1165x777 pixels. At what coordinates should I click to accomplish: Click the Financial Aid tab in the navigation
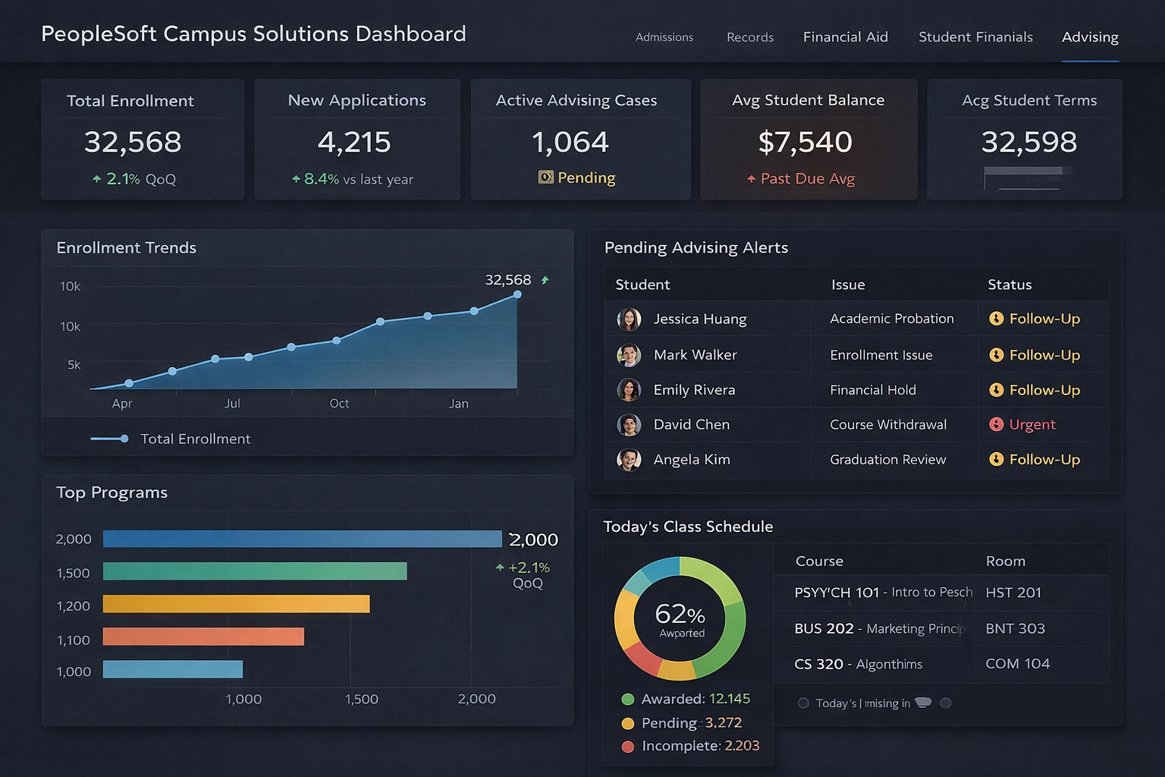pyautogui.click(x=845, y=36)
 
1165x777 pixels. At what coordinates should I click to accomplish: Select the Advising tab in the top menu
pyautogui.click(x=1090, y=36)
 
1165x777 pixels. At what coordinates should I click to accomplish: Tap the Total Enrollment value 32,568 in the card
pyautogui.click(x=133, y=142)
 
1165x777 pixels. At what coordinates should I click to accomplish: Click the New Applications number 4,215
pyautogui.click(x=354, y=142)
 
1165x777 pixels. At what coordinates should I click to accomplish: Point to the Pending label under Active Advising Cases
pyautogui.click(x=586, y=178)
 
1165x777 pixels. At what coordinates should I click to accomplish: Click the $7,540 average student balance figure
pyautogui.click(x=805, y=142)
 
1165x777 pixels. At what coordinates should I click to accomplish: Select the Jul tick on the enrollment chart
pyautogui.click(x=232, y=403)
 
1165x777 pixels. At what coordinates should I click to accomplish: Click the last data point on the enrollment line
pyautogui.click(x=517, y=294)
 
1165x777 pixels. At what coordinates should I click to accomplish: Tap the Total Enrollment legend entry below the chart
pyautogui.click(x=195, y=439)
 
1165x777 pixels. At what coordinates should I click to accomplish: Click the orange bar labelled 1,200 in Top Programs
pyautogui.click(x=236, y=604)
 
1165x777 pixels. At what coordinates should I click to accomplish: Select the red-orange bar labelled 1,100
pyautogui.click(x=203, y=637)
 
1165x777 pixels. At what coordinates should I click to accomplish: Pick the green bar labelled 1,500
pyautogui.click(x=255, y=571)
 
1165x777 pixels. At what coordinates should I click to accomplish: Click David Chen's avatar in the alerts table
pyautogui.click(x=629, y=425)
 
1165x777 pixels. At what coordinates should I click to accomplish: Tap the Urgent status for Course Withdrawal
pyautogui.click(x=1032, y=424)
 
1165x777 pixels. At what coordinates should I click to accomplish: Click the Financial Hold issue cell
pyautogui.click(x=873, y=390)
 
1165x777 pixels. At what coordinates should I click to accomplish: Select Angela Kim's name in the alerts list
pyautogui.click(x=692, y=459)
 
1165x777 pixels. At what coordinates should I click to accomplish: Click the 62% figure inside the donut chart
pyautogui.click(x=680, y=614)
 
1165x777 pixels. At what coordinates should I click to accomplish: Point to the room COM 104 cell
pyautogui.click(x=1017, y=663)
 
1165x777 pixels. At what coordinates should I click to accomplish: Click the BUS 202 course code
pyautogui.click(x=824, y=628)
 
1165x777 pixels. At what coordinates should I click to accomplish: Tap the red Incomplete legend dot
pyautogui.click(x=627, y=747)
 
